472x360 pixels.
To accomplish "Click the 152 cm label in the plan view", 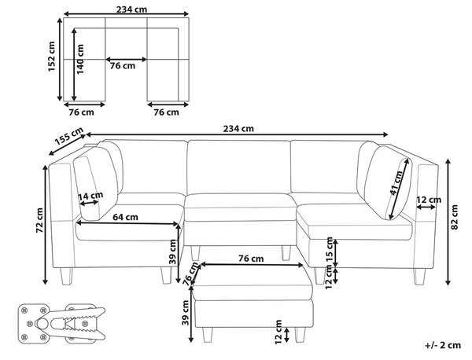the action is (x=52, y=57).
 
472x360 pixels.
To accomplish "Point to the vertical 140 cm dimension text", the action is (x=80, y=59).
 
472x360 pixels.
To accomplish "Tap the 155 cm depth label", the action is (x=69, y=136).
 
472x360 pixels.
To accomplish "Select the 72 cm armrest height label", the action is (x=39, y=220).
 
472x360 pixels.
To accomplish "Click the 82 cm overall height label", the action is (x=455, y=217).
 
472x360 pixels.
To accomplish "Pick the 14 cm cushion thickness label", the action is (x=90, y=196).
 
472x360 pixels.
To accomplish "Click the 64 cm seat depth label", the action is (x=126, y=217).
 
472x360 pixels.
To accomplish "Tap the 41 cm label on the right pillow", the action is (x=396, y=183).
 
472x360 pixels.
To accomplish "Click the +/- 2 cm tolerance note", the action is (x=442, y=345).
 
